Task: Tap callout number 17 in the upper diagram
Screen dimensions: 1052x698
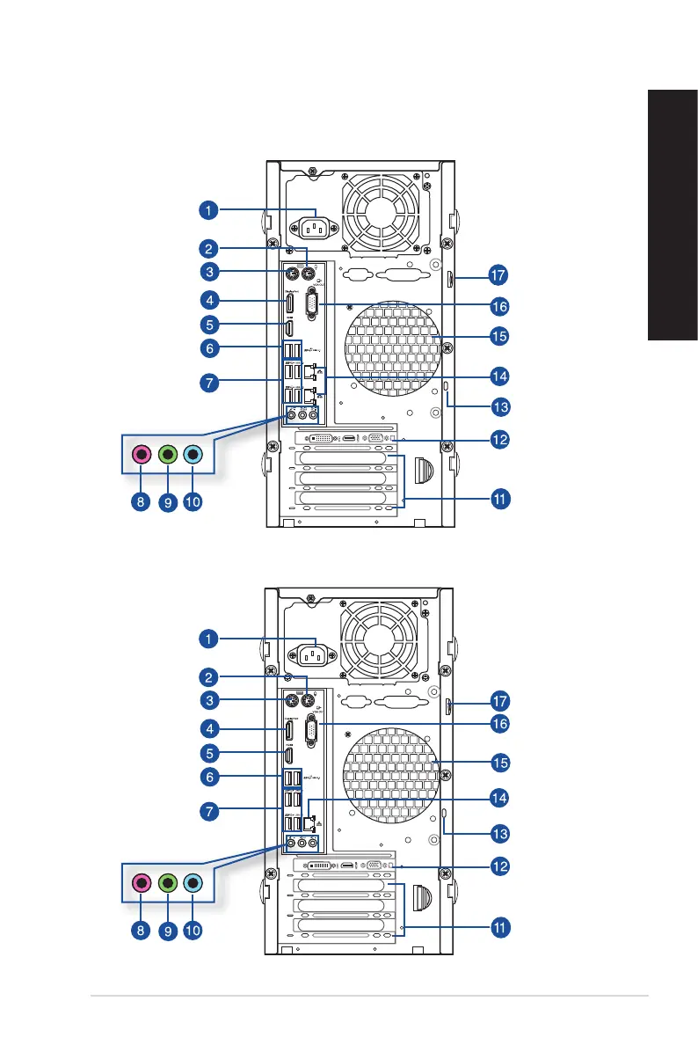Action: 499,275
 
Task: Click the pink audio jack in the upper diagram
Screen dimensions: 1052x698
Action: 142,455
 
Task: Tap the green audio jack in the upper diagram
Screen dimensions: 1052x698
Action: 169,455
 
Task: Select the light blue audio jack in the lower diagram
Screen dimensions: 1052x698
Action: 195,883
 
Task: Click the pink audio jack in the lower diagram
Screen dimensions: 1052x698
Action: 142,883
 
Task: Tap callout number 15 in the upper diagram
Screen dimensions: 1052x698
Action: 499,336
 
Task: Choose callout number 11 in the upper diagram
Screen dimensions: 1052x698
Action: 499,499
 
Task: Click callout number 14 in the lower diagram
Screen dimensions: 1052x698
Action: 499,798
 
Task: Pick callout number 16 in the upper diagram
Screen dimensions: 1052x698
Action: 499,307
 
